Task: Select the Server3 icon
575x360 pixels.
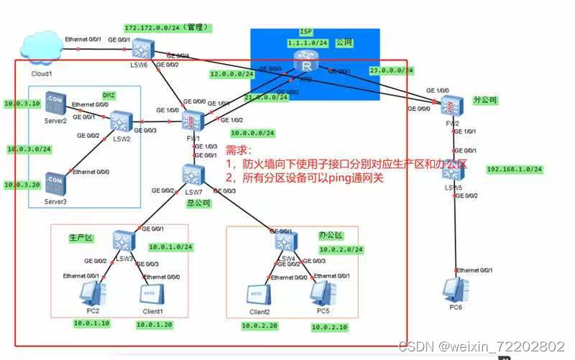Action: click(x=54, y=183)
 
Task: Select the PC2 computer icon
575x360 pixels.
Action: click(x=93, y=293)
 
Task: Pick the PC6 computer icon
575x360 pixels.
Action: click(x=454, y=288)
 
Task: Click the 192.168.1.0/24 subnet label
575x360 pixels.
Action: click(x=515, y=170)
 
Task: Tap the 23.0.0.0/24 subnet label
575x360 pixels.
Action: click(x=392, y=70)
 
